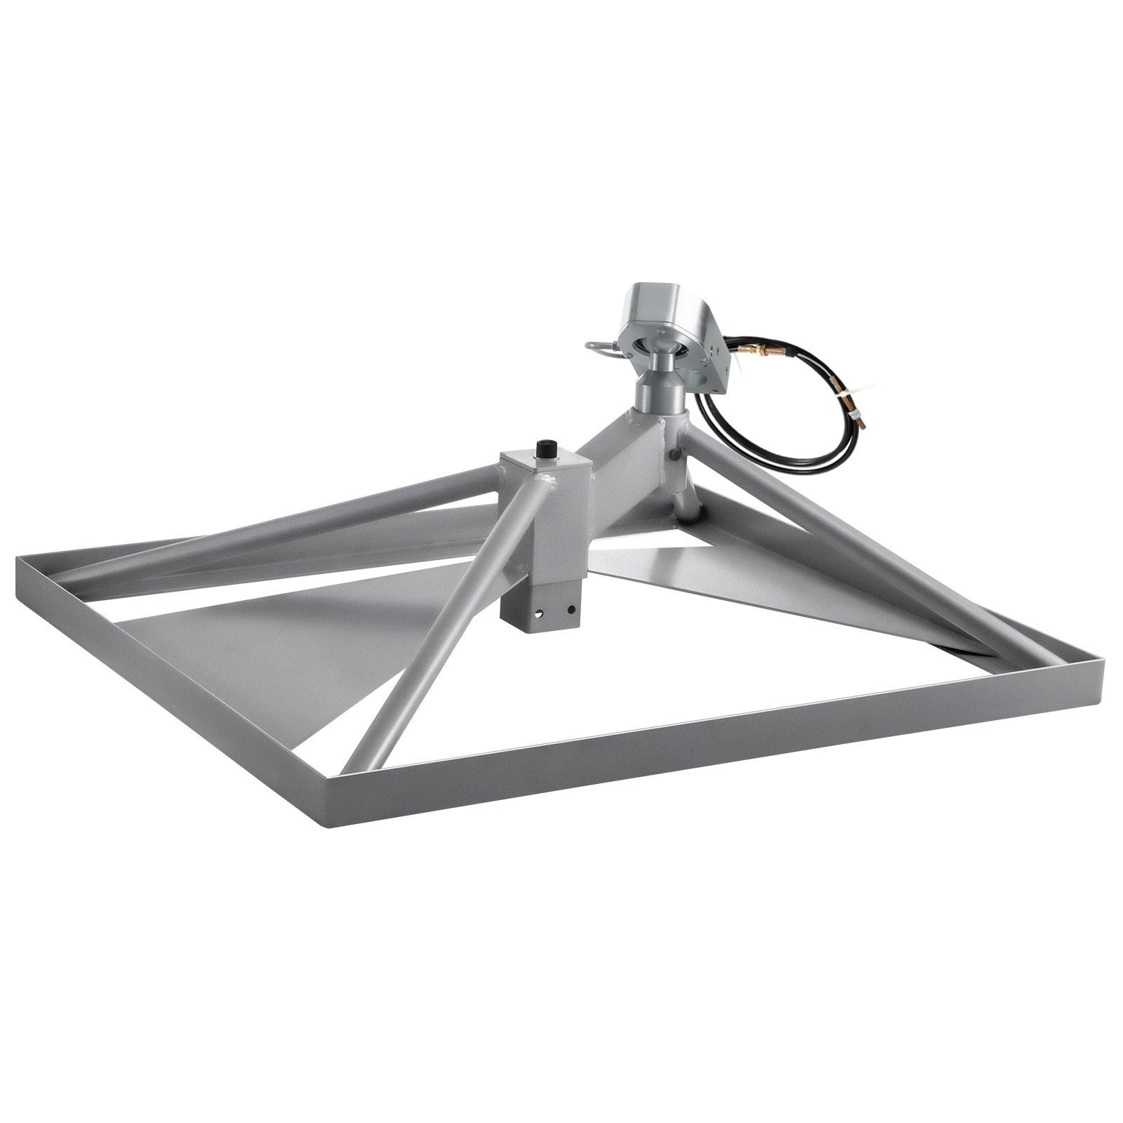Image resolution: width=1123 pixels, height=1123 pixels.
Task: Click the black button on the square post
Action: tap(543, 447)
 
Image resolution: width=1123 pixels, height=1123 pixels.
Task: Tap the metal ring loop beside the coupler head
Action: tap(596, 349)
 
